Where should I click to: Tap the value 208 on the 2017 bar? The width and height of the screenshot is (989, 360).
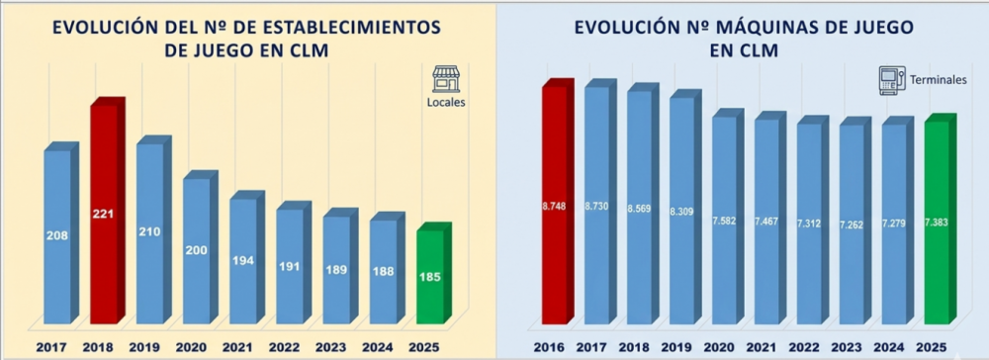pyautogui.click(x=57, y=235)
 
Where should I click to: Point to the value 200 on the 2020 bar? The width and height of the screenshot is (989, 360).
pyautogui.click(x=196, y=250)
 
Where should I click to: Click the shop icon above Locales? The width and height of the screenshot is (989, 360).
pyautogui.click(x=445, y=79)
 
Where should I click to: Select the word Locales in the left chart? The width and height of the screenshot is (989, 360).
pyautogui.click(x=446, y=101)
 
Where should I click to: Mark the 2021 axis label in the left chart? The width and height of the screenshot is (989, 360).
pyautogui.click(x=242, y=347)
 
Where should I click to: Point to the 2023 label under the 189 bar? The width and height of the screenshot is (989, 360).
pyautogui.click(x=335, y=347)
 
